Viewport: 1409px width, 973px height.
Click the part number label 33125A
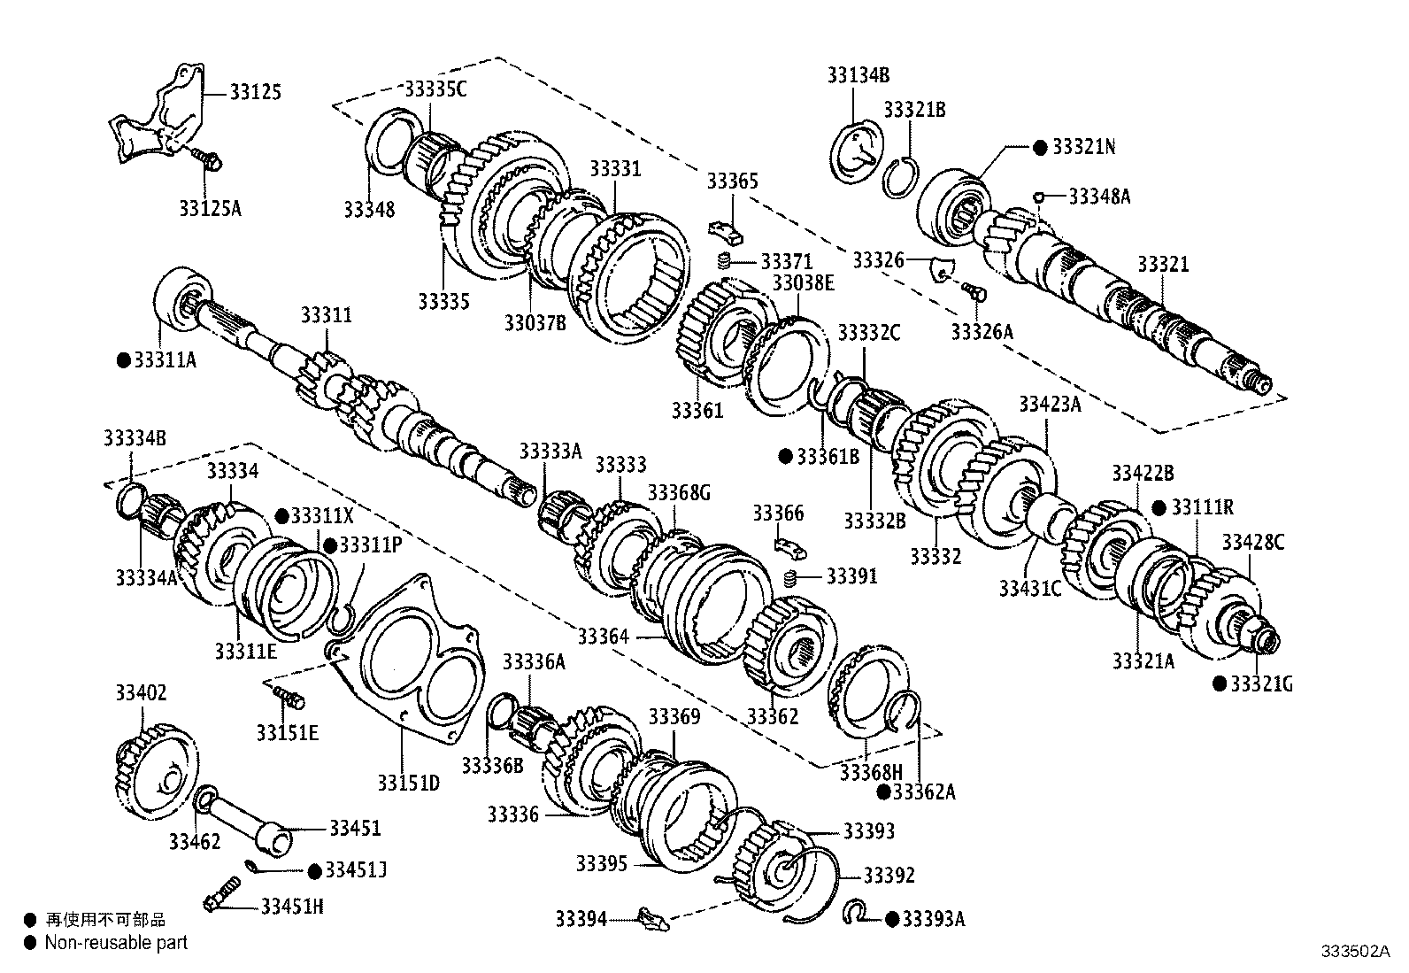pos(210,209)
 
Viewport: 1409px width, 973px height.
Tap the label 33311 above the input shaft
pos(326,315)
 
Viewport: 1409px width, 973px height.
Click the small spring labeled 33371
pos(723,262)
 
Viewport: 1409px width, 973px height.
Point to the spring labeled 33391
pos(792,578)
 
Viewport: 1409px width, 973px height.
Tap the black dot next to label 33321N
pos(1041,147)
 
